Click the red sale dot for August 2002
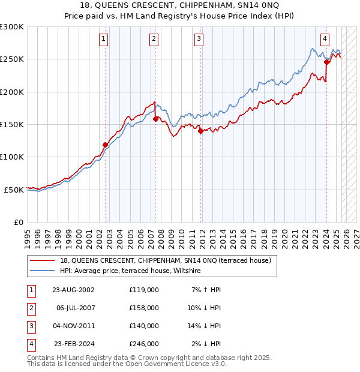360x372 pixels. [x=105, y=145]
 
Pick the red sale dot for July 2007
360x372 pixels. [x=155, y=119]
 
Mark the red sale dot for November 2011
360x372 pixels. [x=200, y=131]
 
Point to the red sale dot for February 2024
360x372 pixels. [x=326, y=62]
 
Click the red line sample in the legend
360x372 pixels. [x=43, y=260]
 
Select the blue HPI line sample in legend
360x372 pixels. [x=43, y=271]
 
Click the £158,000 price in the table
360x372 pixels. [x=143, y=308]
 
